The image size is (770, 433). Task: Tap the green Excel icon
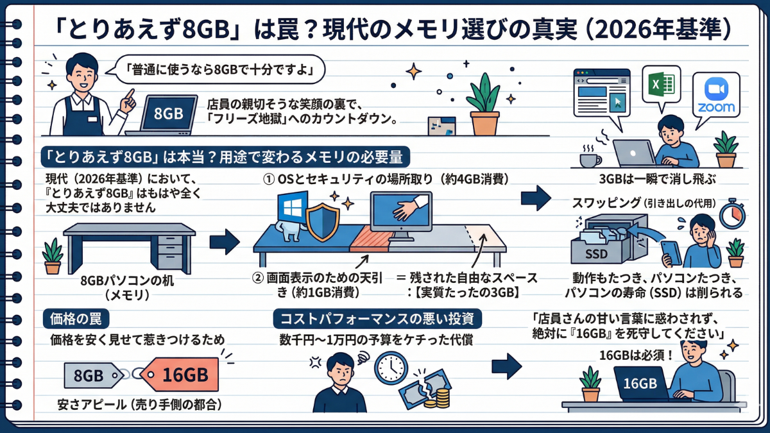tap(661, 85)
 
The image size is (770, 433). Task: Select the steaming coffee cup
tap(590, 157)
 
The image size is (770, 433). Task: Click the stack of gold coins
tap(443, 398)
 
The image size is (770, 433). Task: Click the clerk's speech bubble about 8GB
tap(217, 70)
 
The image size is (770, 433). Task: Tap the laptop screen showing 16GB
tap(640, 383)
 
